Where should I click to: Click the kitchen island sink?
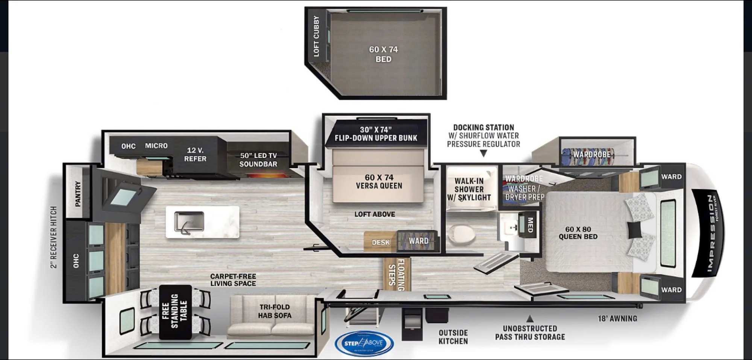(x=189, y=222)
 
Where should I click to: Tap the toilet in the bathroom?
(x=462, y=234)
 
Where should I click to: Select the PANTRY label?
(x=78, y=193)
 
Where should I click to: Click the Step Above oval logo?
(x=364, y=343)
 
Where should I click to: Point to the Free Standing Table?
(x=175, y=312)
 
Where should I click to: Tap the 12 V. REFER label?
(x=195, y=155)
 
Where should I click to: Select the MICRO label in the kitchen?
(x=156, y=146)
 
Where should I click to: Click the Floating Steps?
(x=397, y=274)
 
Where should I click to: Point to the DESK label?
(x=381, y=243)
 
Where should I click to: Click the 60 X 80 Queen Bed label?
(x=578, y=233)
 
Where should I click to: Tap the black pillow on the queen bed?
(x=635, y=229)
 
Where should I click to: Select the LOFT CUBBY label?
(x=316, y=36)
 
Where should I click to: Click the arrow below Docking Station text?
(x=484, y=153)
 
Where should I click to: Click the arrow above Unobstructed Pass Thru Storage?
(x=529, y=319)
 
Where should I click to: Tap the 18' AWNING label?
(x=617, y=319)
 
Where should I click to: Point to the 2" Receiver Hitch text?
(x=54, y=237)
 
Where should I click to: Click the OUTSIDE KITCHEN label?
(x=453, y=337)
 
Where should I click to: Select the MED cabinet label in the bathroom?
(x=530, y=225)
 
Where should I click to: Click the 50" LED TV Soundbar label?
(x=258, y=160)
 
